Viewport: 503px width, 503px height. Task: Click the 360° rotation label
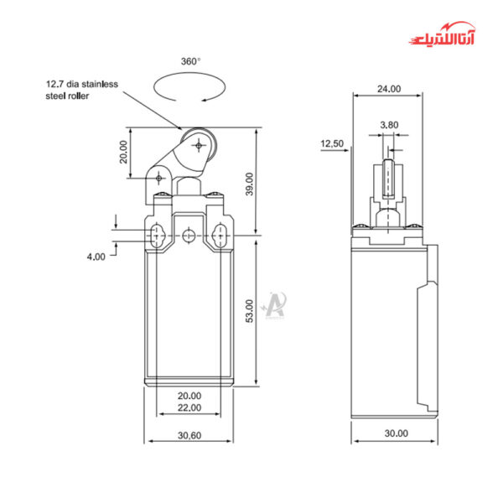190,61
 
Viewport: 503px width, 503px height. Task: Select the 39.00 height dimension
247,181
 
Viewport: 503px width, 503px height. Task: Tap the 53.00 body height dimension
247,311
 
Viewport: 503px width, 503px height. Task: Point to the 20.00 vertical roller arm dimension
124,152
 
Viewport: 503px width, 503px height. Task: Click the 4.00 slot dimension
96,257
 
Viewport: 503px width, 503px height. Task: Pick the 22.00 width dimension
189,407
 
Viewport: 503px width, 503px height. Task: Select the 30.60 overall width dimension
189,436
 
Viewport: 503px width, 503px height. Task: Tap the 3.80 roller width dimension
389,125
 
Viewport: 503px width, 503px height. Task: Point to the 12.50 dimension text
332,144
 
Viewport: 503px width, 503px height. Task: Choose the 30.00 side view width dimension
396,433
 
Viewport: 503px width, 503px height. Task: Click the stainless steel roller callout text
82,90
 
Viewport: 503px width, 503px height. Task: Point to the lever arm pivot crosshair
158,176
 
